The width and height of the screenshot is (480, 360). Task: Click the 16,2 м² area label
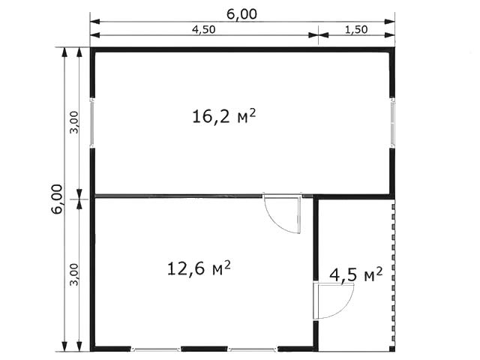[223, 116]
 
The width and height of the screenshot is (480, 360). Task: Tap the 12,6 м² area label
[199, 268]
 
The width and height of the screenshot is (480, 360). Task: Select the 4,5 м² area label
[356, 274]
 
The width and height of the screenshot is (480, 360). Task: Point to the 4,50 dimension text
[203, 30]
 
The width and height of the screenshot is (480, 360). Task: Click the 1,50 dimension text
[356, 30]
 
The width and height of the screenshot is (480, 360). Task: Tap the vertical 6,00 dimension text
[58, 199]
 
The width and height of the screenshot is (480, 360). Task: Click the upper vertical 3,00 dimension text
[74, 122]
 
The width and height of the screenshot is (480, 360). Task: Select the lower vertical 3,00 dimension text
[74, 274]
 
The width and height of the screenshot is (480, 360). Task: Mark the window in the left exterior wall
[91, 123]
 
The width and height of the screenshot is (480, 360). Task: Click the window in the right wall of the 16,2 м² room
[392, 123]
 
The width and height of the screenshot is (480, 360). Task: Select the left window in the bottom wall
[156, 349]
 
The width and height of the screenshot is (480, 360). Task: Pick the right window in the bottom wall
[253, 349]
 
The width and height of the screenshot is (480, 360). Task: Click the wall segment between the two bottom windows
[204, 349]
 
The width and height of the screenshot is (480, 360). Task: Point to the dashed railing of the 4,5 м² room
[393, 277]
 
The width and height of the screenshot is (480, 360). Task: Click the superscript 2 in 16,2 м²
[252, 112]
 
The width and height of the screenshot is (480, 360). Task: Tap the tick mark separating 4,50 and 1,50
[318, 35]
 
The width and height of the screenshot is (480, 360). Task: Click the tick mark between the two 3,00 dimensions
[79, 199]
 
